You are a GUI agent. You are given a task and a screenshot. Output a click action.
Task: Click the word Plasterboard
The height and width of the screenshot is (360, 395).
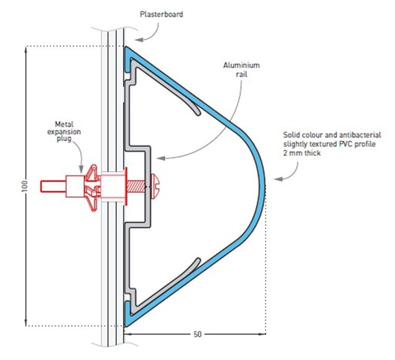tap(161, 14)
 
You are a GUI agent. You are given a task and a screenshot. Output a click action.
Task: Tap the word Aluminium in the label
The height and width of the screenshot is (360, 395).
tap(241, 65)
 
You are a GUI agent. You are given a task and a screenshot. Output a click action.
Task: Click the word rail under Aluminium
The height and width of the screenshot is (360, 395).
tap(241, 74)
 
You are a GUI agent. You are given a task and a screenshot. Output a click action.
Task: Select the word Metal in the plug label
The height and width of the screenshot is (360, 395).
tap(64, 124)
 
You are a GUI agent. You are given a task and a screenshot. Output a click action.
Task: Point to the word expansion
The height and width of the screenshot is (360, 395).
tap(64, 132)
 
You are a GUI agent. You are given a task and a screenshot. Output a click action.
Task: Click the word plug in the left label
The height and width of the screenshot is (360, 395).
tap(64, 139)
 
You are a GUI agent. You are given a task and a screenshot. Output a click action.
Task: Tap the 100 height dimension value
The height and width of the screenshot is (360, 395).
tap(25, 186)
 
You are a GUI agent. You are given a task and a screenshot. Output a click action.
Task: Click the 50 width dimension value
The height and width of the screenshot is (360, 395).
tap(198, 334)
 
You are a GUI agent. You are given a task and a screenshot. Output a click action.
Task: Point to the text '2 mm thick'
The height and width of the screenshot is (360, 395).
tap(302, 153)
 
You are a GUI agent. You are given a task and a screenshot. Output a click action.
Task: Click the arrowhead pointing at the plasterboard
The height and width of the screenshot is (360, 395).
tap(139, 40)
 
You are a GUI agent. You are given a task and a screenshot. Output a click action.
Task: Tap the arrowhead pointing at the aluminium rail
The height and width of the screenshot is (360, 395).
tap(160, 158)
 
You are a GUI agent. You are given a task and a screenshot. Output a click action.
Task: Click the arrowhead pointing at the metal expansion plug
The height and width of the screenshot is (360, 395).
tap(81, 169)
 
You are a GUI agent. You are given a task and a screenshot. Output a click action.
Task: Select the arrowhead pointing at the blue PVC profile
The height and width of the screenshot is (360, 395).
tap(278, 179)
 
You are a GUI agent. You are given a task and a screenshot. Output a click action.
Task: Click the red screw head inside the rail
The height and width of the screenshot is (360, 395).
tap(154, 186)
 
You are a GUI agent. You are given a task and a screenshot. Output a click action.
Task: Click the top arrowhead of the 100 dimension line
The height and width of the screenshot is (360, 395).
tap(25, 50)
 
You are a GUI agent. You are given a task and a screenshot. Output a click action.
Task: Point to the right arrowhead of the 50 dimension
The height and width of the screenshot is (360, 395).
tap(262, 334)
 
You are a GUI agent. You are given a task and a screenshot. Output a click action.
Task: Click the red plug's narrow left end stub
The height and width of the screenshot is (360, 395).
tap(53, 186)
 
